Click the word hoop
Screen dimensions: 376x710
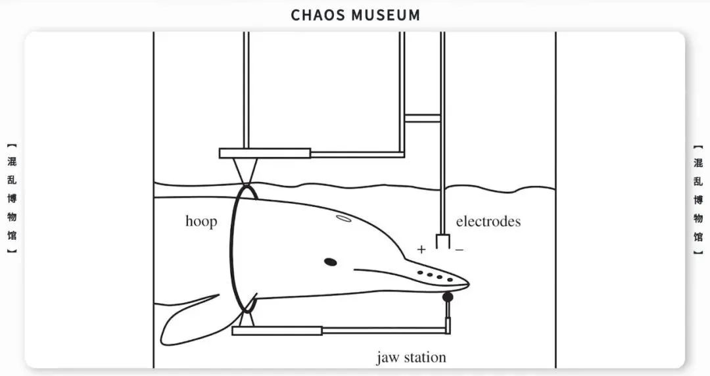[x=201, y=222]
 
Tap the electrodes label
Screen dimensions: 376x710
[x=488, y=222]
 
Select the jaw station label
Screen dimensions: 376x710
[x=411, y=358]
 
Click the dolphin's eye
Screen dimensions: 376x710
[x=331, y=262]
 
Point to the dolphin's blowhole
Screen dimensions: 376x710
[x=344, y=217]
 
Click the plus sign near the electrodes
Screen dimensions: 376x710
[x=421, y=249]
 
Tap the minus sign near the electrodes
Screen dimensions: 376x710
[x=459, y=250]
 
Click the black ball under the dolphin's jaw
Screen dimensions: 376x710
[x=448, y=297]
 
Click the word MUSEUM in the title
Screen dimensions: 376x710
[x=388, y=15]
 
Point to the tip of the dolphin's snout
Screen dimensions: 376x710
[x=468, y=283]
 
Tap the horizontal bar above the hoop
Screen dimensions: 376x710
[x=264, y=153]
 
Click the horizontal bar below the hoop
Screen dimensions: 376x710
[x=277, y=331]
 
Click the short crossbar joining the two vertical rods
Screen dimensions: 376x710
[x=422, y=118]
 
